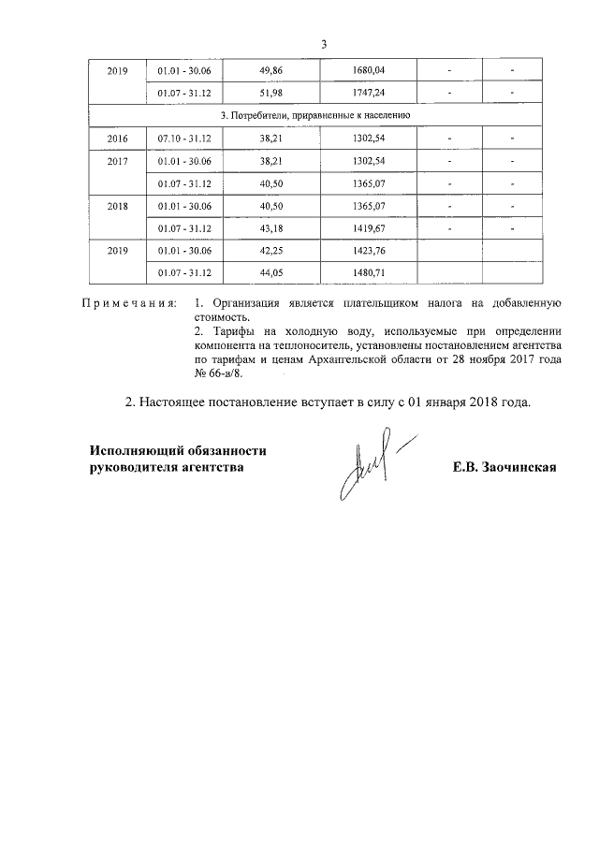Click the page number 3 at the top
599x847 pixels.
click(x=323, y=44)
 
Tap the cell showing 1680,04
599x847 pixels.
click(x=369, y=70)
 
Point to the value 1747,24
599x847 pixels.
click(x=369, y=92)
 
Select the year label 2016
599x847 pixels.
click(x=118, y=138)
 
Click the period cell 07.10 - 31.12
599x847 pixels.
click(x=184, y=138)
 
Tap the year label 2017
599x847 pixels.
click(x=118, y=160)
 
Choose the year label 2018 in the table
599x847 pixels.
click(x=118, y=205)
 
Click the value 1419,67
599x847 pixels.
click(x=369, y=227)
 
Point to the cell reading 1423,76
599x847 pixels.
click(x=369, y=250)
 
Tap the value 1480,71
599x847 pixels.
click(x=369, y=272)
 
